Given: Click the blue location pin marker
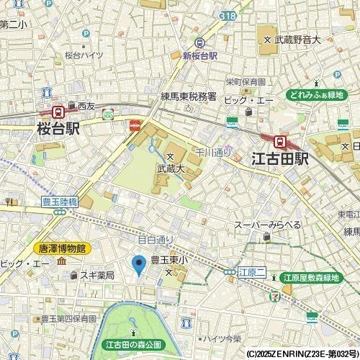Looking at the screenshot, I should [x=140, y=265].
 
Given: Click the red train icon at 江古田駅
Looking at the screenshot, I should [x=280, y=142].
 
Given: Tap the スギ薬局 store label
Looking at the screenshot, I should [x=97, y=275].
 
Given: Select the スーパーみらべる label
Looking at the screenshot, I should [x=267, y=225].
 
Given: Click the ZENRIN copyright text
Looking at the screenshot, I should [x=302, y=354].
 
